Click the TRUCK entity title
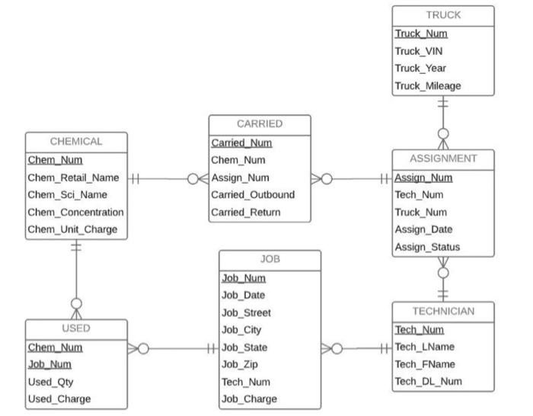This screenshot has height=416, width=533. pos(443,15)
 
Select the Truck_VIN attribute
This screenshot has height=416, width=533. pos(418,51)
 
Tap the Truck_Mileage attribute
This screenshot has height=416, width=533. pos(427,86)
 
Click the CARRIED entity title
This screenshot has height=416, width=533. pos(260,123)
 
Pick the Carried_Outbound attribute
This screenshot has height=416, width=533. pos(252,194)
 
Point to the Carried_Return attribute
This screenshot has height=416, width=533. pos(245,212)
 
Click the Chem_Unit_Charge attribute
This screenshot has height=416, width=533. pos(72,229)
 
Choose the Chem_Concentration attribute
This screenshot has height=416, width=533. pos(75,212)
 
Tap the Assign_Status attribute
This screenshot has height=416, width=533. pos(427,247)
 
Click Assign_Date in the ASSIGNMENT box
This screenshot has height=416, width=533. pos(423,229)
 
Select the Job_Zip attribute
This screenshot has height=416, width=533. pos(240,364)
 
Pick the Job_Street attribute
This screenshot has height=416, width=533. pos(246,312)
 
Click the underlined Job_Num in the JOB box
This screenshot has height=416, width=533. pos(243,278)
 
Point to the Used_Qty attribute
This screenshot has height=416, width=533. pos(50,382)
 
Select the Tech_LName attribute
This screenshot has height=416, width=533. pos(423,347)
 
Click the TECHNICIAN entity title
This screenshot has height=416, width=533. pos(443,311)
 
